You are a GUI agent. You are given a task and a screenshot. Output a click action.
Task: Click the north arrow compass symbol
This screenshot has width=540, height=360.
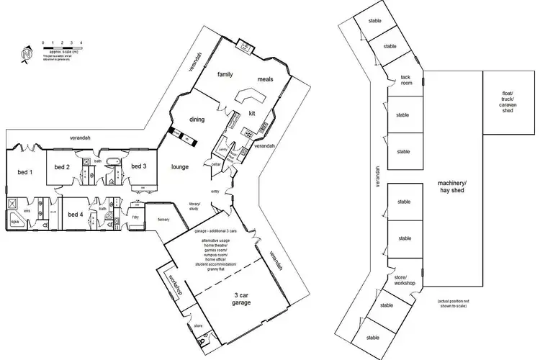(x=27, y=54)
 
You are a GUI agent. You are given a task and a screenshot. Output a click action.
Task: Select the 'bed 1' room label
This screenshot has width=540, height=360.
(x=25, y=173)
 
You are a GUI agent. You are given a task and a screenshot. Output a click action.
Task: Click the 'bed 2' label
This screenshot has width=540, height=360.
(x=62, y=167)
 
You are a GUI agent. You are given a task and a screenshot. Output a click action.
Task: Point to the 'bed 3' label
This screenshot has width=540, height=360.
(x=139, y=166)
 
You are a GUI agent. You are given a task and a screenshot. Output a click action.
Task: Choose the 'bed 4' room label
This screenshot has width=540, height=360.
(x=76, y=215)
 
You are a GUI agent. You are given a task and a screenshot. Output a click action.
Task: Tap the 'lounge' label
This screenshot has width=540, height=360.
(x=179, y=166)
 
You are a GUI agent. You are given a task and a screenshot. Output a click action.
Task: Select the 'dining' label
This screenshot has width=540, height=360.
(x=198, y=120)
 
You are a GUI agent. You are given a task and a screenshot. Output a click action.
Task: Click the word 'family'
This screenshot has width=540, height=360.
(x=226, y=75)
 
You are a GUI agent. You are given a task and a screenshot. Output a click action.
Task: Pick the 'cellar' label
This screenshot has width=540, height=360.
(x=215, y=165)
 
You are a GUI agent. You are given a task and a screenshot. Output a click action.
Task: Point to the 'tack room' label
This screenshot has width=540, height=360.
(x=406, y=81)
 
